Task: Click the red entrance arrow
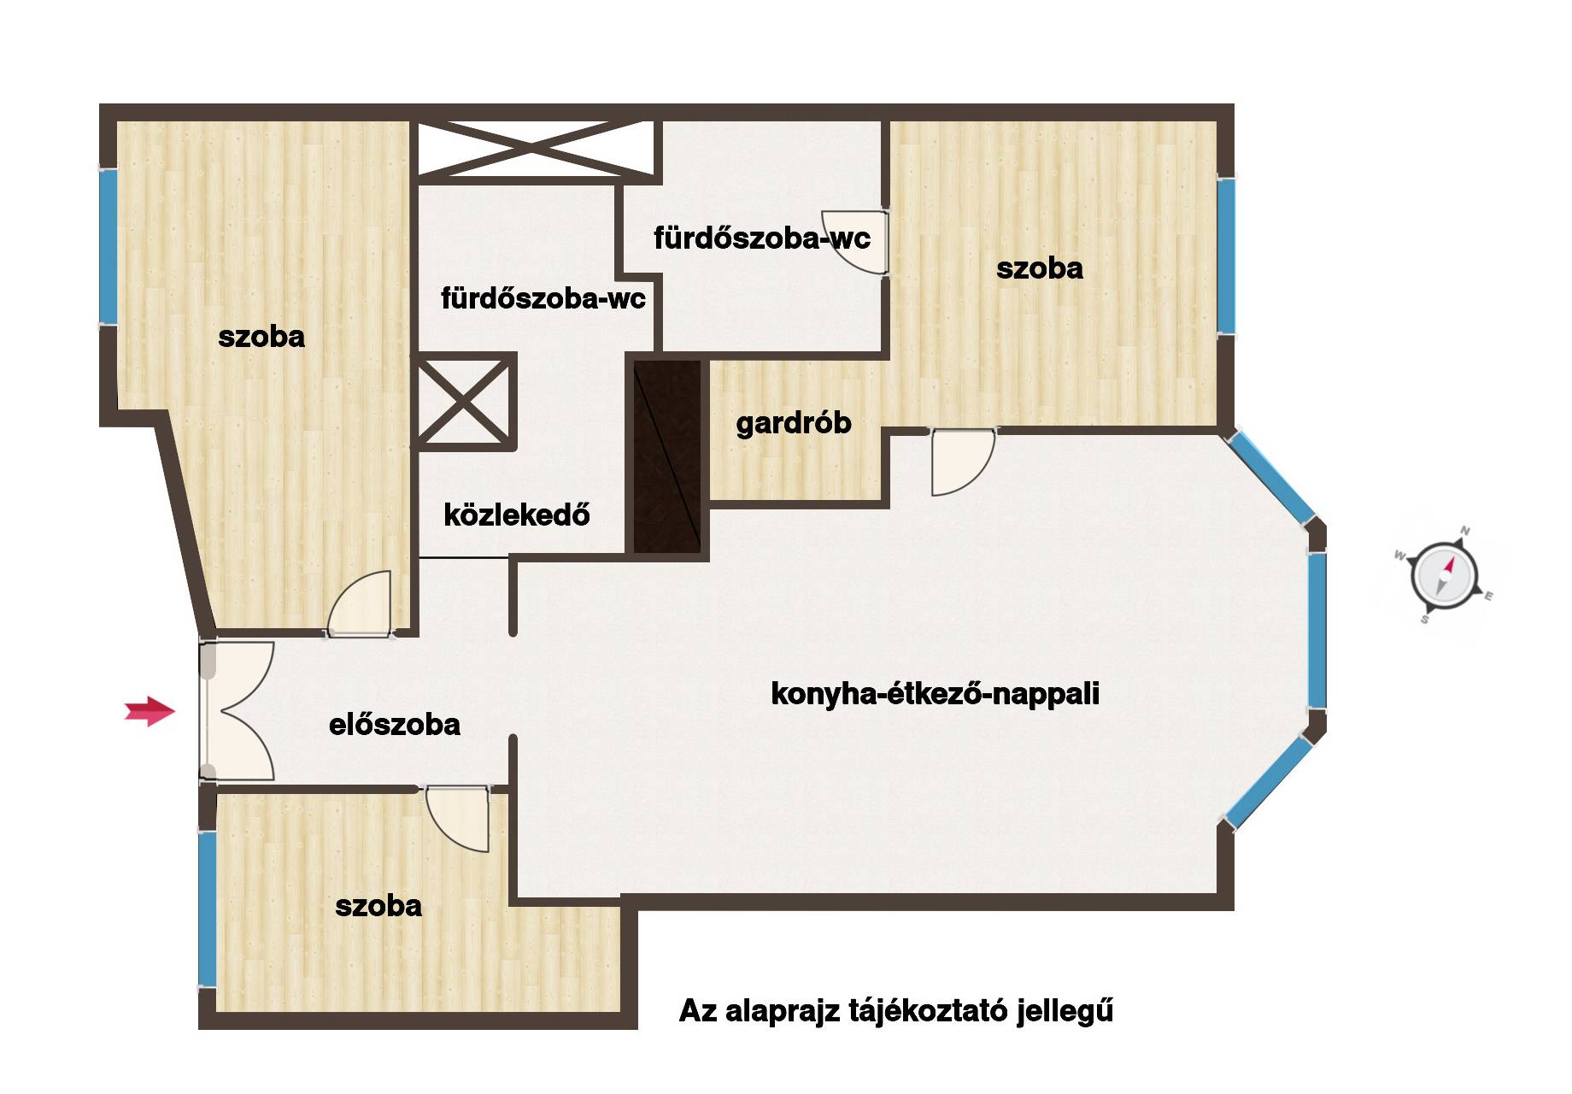(x=150, y=710)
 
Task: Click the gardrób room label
(x=794, y=423)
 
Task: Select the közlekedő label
(x=517, y=515)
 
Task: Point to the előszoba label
(x=395, y=725)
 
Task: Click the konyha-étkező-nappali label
(x=935, y=693)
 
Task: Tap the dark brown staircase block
(x=667, y=456)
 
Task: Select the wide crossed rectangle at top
(x=536, y=150)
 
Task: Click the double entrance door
(x=237, y=711)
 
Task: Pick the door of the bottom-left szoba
(x=457, y=819)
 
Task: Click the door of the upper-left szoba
(x=360, y=603)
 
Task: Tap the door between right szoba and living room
(x=963, y=462)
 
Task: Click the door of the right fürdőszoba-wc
(x=855, y=242)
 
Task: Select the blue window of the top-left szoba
(x=108, y=246)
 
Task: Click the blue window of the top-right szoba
(x=1226, y=256)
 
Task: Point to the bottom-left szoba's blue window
(x=207, y=909)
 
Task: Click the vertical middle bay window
(x=1317, y=630)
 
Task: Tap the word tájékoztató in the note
(x=927, y=1011)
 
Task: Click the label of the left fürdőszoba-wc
(x=543, y=298)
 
